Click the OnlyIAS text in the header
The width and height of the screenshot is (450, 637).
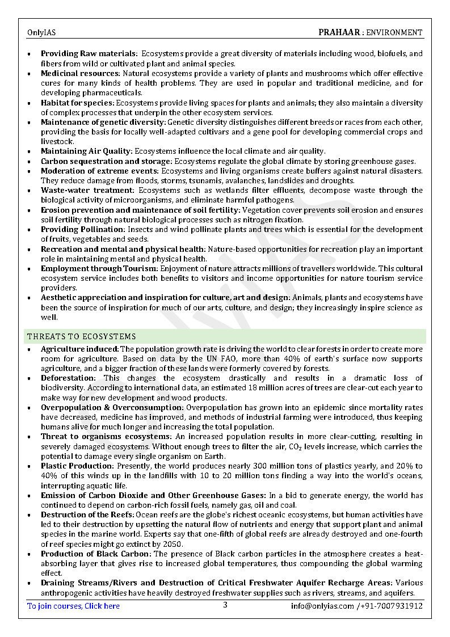(x=41, y=33)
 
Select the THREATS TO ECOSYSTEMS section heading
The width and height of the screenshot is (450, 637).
(x=82, y=337)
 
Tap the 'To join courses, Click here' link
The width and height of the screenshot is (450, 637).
(x=73, y=606)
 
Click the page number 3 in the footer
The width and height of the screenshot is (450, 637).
(x=225, y=605)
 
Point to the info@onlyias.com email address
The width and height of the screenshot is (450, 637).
(x=322, y=606)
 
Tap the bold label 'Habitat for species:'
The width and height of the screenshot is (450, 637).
(x=77, y=103)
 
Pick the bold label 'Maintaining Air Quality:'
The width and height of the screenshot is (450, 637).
(x=86, y=151)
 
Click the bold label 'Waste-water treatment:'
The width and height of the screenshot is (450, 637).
(x=87, y=191)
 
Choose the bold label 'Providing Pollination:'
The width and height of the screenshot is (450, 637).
(x=83, y=230)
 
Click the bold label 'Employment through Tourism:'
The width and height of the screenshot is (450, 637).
(x=99, y=268)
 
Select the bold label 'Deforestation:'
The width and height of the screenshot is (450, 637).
(x=68, y=378)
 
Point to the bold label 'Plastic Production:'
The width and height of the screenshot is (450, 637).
(x=77, y=466)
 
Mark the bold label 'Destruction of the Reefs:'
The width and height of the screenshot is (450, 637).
(x=87, y=515)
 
